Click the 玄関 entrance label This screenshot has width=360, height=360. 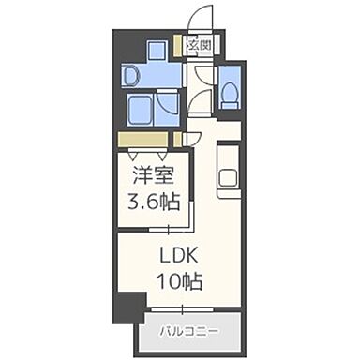(x=198, y=44)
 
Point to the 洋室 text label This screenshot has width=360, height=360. (x=149, y=176)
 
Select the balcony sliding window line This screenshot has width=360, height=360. (x=192, y=309)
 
